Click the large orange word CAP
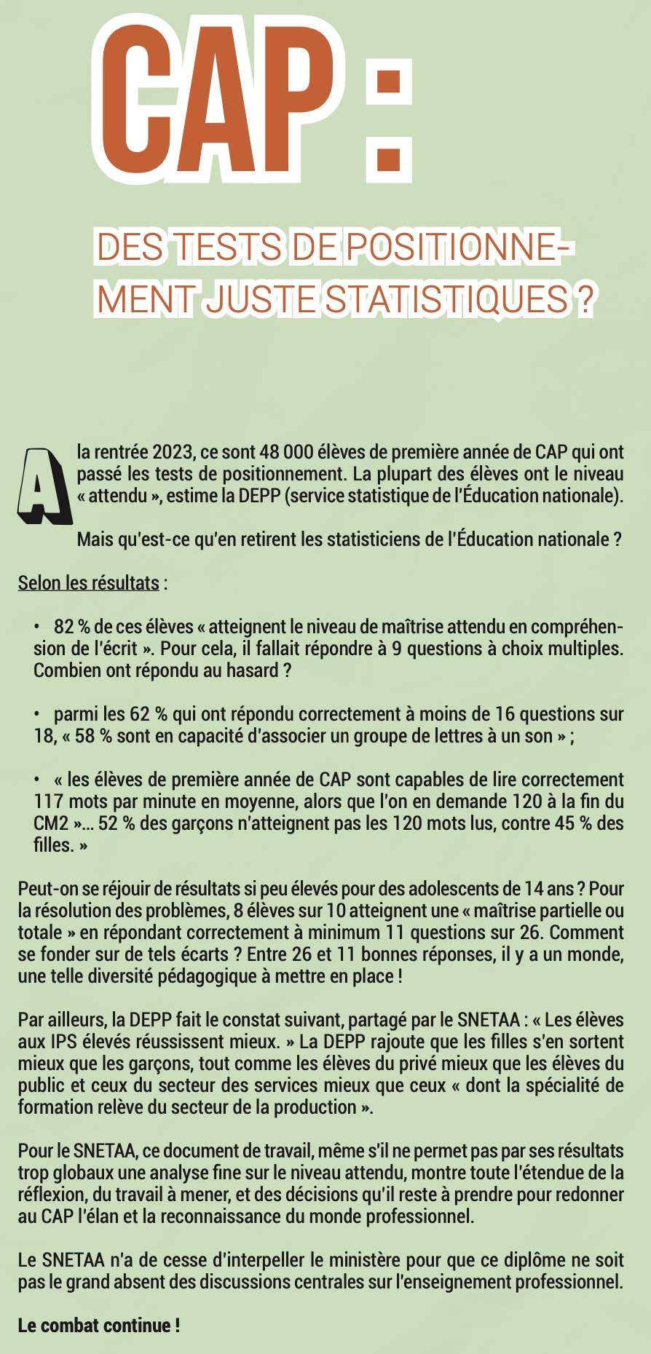218,98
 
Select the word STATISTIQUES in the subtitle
445,299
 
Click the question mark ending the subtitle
583,299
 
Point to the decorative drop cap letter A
43,486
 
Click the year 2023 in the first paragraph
173,452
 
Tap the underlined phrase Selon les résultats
88,583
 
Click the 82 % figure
71,627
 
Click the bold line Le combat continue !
99,1326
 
